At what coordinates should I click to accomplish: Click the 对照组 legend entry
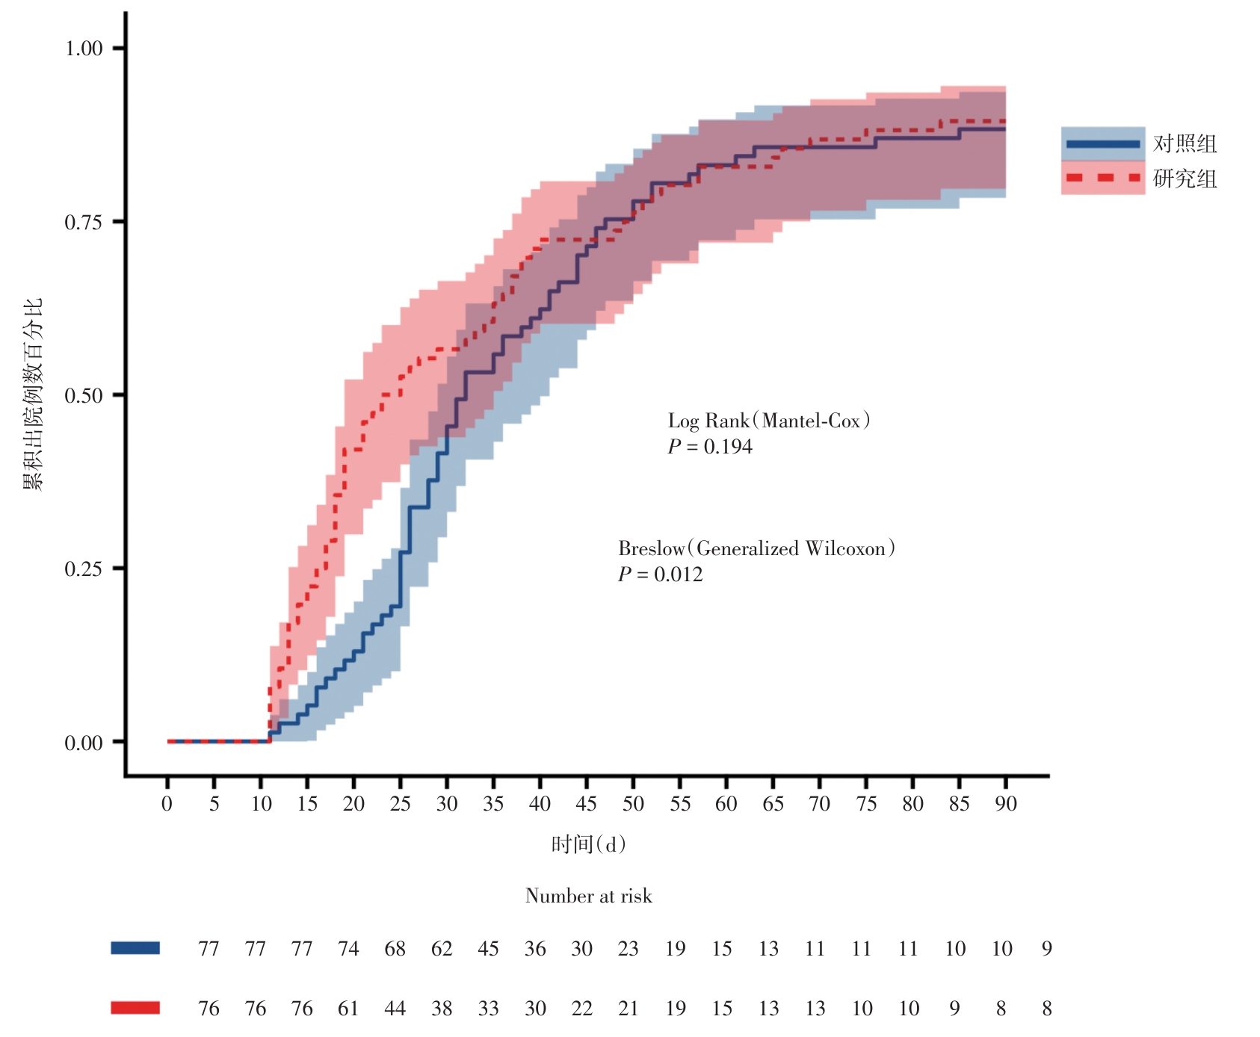pos(1185,143)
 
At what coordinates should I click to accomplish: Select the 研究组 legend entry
pos(1185,179)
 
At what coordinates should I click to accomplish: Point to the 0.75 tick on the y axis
pos(84,222)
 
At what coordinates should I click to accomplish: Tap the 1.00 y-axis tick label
pos(84,49)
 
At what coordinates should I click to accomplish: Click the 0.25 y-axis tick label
pos(84,569)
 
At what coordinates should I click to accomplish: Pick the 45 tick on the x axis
pos(587,804)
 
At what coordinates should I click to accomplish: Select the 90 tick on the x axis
pos(1006,804)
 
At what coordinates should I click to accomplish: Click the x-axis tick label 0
pos(167,804)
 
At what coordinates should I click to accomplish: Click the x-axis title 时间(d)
pos(588,844)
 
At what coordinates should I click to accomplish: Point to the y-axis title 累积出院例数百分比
pos(33,394)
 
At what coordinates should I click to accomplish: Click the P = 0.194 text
pos(710,447)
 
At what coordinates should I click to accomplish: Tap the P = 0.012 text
pos(661,575)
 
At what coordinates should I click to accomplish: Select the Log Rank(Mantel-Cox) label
pos(769,421)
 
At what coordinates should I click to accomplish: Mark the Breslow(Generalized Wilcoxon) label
pos(756,549)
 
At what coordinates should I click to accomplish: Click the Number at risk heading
pos(588,896)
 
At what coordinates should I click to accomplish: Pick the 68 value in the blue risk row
pos(395,949)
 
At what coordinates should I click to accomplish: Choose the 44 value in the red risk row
pos(395,1009)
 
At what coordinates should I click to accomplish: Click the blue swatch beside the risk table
pos(135,948)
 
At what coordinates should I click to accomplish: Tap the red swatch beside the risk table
pos(135,1008)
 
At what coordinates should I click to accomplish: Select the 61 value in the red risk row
pos(348,1009)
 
